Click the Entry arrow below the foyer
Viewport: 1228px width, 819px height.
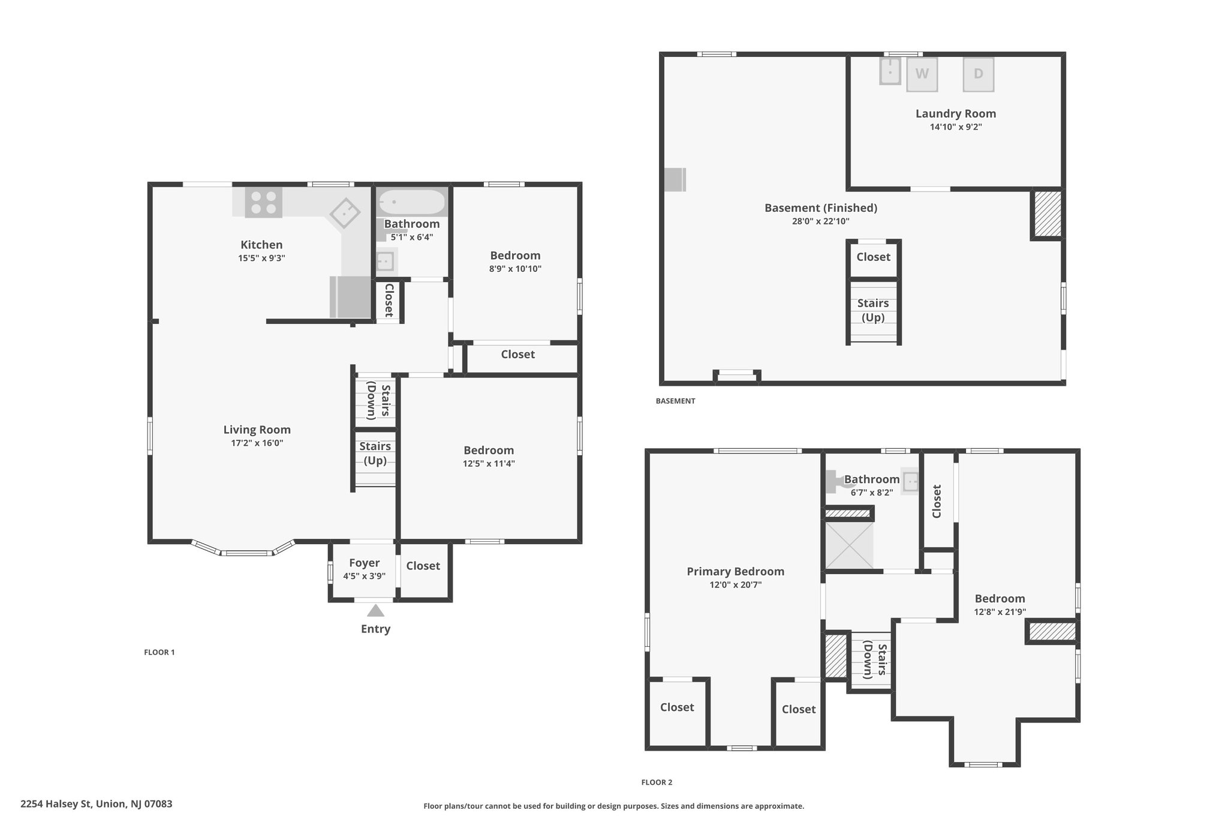click(x=375, y=611)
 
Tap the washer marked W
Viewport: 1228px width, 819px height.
click(x=922, y=74)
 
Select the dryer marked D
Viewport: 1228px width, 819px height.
click(x=978, y=74)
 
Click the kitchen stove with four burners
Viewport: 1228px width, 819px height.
click(x=264, y=202)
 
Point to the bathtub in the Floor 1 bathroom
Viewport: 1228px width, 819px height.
click(x=412, y=202)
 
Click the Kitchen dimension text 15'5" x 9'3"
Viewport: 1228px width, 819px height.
click(x=261, y=259)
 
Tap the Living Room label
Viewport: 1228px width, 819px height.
click(x=257, y=430)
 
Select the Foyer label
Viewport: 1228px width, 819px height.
click(x=365, y=563)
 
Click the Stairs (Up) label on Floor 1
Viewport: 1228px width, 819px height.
click(x=375, y=453)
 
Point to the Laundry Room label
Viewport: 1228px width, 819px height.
click(x=956, y=113)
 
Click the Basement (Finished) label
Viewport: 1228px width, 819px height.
click(x=821, y=208)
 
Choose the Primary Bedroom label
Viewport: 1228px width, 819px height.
click(x=736, y=572)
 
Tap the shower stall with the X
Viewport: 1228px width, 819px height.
click(x=850, y=545)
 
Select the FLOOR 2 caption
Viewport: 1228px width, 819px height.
click(x=657, y=782)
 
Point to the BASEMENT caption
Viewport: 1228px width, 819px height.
click(x=676, y=401)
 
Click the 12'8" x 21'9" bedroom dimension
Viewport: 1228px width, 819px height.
click(x=1000, y=612)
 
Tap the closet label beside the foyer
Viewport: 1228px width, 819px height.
click(x=423, y=566)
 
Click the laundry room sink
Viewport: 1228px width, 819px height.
click(x=891, y=71)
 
